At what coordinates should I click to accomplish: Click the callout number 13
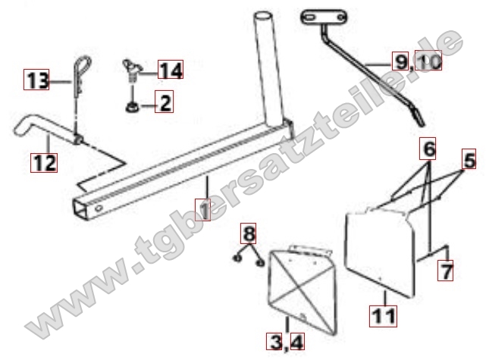pos(36,80)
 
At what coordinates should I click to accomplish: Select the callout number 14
pos(171,70)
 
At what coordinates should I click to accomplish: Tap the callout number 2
pos(165,102)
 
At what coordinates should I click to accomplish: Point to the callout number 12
pos(44,163)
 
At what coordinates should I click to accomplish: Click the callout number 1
pos(202,210)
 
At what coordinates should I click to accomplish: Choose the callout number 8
pos(249,233)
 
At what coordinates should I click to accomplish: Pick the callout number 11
pos(383,316)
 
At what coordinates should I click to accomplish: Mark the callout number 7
pos(445,271)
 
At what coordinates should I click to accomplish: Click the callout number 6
pos(428,149)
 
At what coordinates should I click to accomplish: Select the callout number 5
pos(469,159)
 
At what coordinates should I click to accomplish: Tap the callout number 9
pos(400,61)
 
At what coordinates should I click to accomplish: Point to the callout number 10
pos(428,61)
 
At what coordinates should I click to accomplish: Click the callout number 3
pos(274,341)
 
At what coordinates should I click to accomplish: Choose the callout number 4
pos(296,341)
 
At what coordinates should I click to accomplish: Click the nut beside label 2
pos(132,107)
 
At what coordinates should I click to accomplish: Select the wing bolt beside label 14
pos(132,70)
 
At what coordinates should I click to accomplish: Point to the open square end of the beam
pos(80,210)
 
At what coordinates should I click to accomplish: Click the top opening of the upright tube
pos(263,14)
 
